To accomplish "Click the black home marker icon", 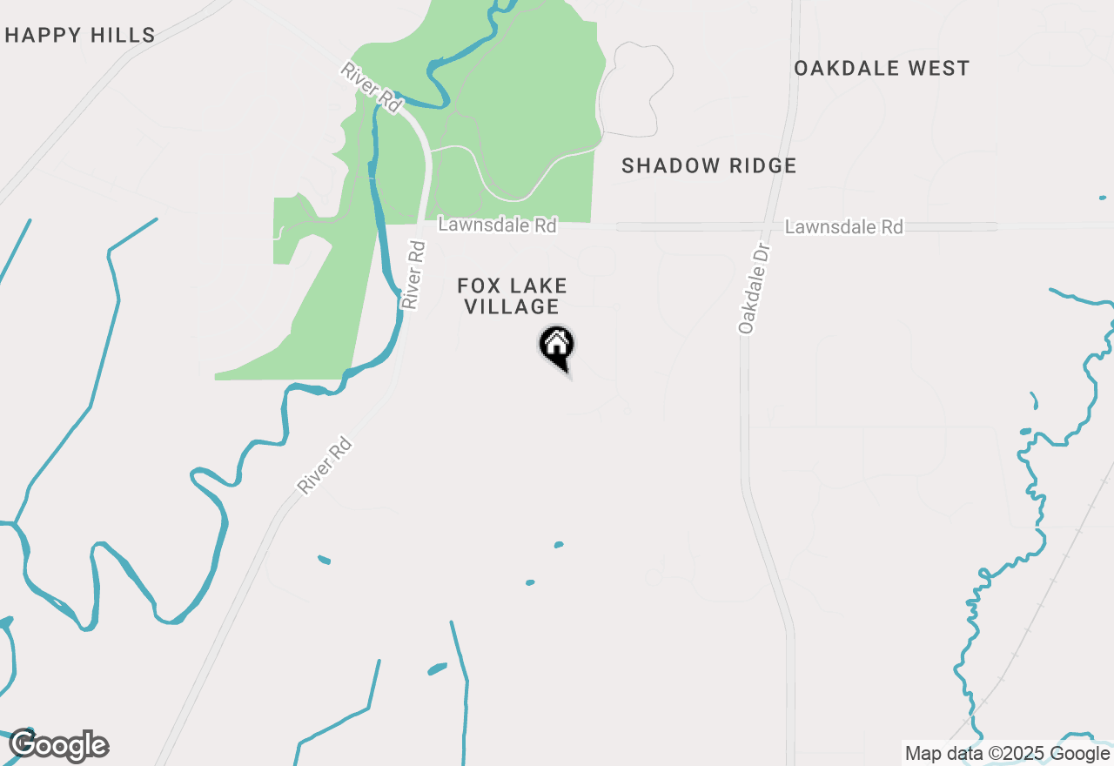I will click(557, 346).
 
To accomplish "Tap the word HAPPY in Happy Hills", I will click(44, 36).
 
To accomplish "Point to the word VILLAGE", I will click(512, 306).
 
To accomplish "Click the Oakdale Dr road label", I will click(755, 288).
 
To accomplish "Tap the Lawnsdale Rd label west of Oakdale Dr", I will click(497, 225).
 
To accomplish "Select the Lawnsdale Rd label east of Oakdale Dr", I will click(843, 227).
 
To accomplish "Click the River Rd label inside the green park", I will click(372, 86).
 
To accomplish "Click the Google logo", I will click(59, 746).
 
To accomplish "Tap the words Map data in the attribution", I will click(942, 754).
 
